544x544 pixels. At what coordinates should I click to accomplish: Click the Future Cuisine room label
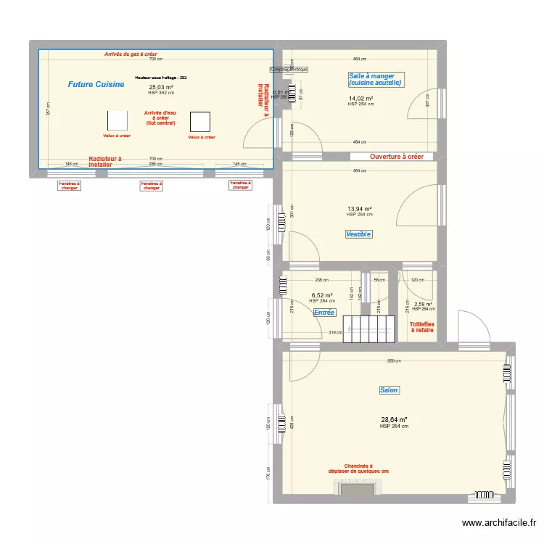[x=96, y=85]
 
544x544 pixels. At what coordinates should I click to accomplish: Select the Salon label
[x=389, y=390]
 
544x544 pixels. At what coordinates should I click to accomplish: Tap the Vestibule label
[x=358, y=234]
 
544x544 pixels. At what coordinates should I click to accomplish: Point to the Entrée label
[x=323, y=313]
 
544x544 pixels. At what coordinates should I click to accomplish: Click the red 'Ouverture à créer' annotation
[x=396, y=157]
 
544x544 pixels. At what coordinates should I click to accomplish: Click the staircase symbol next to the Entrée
[x=370, y=329]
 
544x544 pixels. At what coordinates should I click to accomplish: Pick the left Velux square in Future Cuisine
[x=118, y=120]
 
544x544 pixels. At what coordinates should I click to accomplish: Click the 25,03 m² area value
[x=160, y=87]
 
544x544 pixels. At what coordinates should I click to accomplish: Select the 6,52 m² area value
[x=321, y=295]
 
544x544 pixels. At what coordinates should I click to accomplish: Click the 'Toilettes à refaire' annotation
[x=421, y=326]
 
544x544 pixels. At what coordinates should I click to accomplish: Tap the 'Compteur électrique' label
[x=289, y=70]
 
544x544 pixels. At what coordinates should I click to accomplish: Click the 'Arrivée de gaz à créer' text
[x=131, y=54]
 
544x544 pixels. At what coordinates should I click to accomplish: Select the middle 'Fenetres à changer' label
[x=150, y=186]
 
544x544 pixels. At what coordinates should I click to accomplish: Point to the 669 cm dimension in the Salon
[x=394, y=360]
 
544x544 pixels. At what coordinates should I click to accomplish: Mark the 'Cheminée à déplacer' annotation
[x=358, y=469]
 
